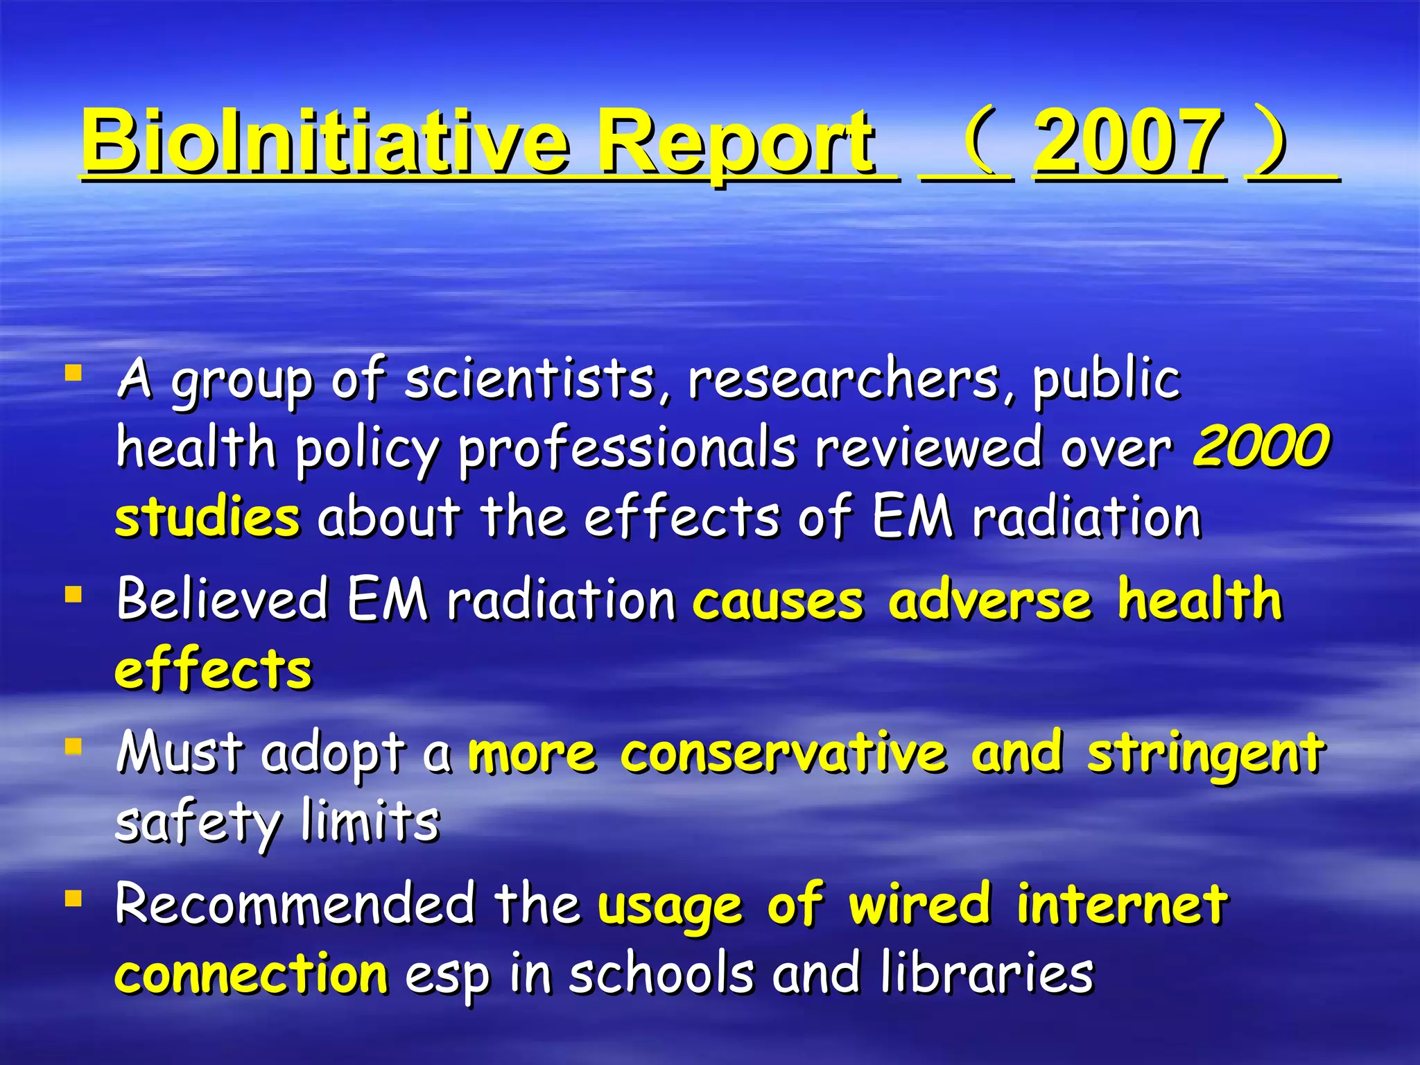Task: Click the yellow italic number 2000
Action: pyautogui.click(x=1261, y=447)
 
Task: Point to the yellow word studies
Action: pyautogui.click(x=207, y=517)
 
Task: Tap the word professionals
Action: pyautogui.click(x=627, y=449)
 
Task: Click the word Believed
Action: pyautogui.click(x=222, y=599)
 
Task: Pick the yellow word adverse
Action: pyautogui.click(x=990, y=599)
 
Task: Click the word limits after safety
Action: pyautogui.click(x=370, y=822)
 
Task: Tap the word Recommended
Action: pyautogui.click(x=295, y=904)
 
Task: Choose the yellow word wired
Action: pyautogui.click(x=920, y=904)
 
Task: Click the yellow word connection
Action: pyautogui.click(x=251, y=973)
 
